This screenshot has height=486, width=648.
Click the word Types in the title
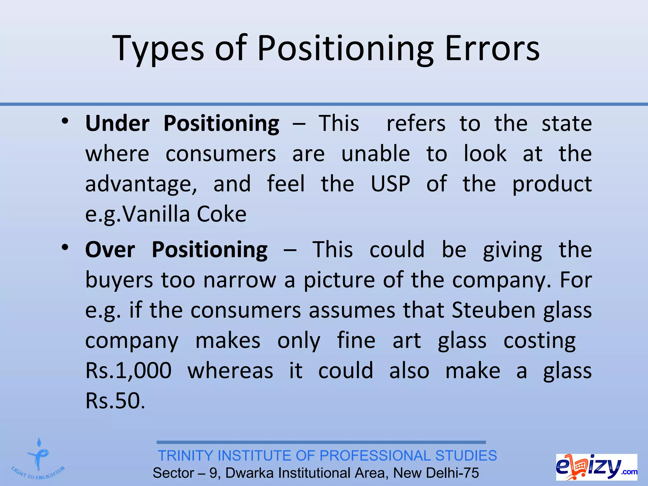pyautogui.click(x=158, y=48)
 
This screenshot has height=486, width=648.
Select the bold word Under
pyautogui.click(x=117, y=123)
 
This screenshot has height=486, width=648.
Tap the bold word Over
pyautogui.click(x=110, y=250)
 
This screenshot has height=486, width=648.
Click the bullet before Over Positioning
pyautogui.click(x=65, y=248)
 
